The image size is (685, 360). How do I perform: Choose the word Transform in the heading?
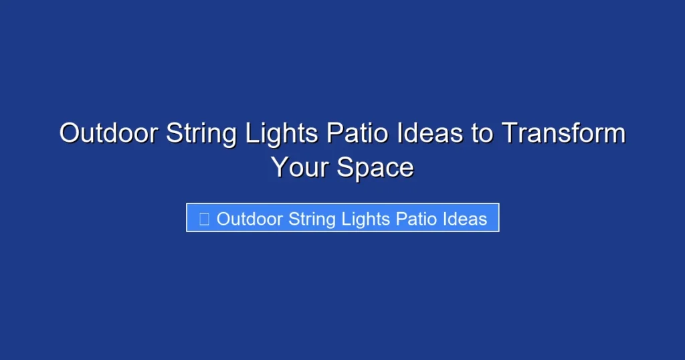tap(563, 134)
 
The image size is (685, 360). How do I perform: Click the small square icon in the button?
tap(205, 219)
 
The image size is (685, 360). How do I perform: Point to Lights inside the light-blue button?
tap(368, 219)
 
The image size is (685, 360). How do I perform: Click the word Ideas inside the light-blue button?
tap(466, 219)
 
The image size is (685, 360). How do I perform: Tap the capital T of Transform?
tap(510, 134)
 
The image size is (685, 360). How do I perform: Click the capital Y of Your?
tap(280, 167)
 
